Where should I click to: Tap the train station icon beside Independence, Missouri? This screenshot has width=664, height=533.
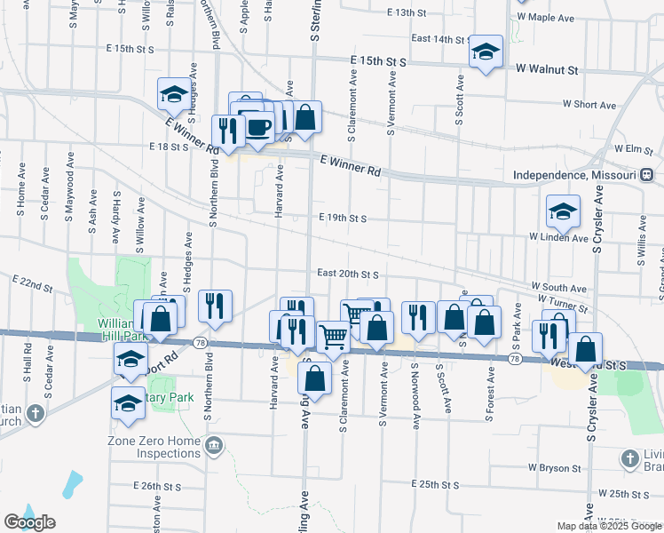[x=648, y=174]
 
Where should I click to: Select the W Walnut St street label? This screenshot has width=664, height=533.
[x=547, y=68]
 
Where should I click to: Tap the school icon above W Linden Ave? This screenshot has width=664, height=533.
[x=562, y=211]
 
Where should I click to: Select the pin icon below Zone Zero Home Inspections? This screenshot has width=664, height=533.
[x=213, y=444]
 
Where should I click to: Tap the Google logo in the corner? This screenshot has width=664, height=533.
[x=29, y=522]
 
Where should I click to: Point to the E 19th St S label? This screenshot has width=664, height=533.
[x=343, y=218]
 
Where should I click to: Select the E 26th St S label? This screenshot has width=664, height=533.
[x=158, y=487]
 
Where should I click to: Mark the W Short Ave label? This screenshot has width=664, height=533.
[x=589, y=105]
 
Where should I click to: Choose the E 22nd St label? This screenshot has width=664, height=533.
[x=33, y=282]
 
